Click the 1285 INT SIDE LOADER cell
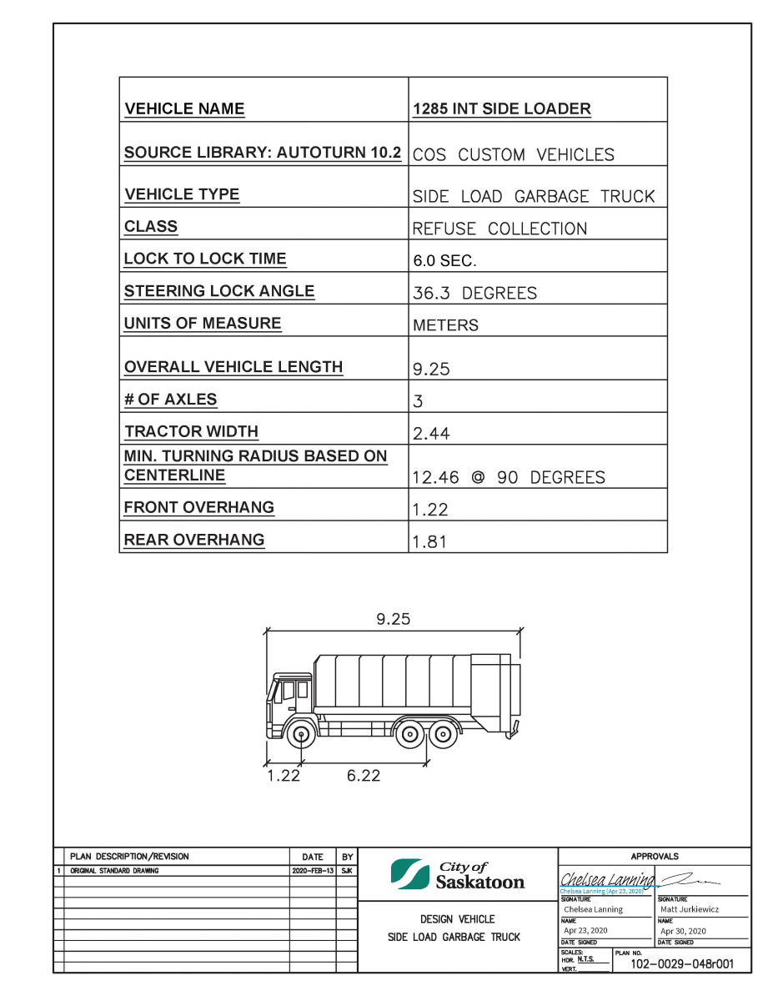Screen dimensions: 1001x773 (x=502, y=109)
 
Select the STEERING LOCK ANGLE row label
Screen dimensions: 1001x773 (x=219, y=291)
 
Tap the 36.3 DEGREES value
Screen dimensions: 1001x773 (x=474, y=293)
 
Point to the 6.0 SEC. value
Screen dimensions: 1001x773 (x=444, y=260)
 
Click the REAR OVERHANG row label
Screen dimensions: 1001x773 (x=194, y=540)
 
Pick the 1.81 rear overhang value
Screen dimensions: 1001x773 (x=429, y=541)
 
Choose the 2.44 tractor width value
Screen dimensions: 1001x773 (x=431, y=433)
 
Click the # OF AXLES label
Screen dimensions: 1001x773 (x=170, y=399)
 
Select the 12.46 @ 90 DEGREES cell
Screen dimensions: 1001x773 (x=509, y=477)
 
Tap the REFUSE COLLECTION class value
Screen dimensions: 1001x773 (x=499, y=229)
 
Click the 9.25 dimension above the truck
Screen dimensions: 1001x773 (x=394, y=619)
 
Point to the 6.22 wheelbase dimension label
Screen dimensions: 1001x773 (x=364, y=776)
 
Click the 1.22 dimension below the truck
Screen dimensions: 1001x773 (x=283, y=776)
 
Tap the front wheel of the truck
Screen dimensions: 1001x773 (x=301, y=735)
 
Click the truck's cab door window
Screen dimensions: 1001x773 (x=289, y=692)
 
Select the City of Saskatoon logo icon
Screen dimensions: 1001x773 (x=409, y=873)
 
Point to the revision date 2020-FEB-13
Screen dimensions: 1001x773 (x=313, y=870)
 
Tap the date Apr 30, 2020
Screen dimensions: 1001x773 (x=683, y=930)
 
